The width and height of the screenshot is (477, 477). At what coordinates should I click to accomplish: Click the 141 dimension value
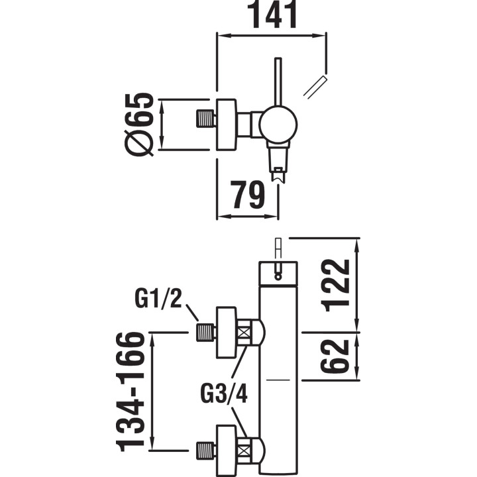click(x=272, y=15)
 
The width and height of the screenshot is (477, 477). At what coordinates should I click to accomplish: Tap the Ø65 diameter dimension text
click(x=140, y=124)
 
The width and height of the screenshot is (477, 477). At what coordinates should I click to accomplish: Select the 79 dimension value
click(x=248, y=195)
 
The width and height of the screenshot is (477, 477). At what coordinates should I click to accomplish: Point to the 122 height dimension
click(x=337, y=285)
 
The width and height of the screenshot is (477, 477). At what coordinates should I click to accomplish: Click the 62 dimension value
click(x=337, y=356)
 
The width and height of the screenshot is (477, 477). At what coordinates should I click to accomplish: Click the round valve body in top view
click(x=278, y=124)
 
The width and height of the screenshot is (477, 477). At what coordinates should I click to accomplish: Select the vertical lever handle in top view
click(x=278, y=82)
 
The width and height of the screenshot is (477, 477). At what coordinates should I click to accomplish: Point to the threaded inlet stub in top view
click(x=207, y=120)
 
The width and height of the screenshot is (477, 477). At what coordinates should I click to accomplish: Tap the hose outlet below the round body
click(x=279, y=162)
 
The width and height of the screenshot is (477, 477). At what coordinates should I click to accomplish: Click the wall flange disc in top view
click(x=227, y=125)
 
